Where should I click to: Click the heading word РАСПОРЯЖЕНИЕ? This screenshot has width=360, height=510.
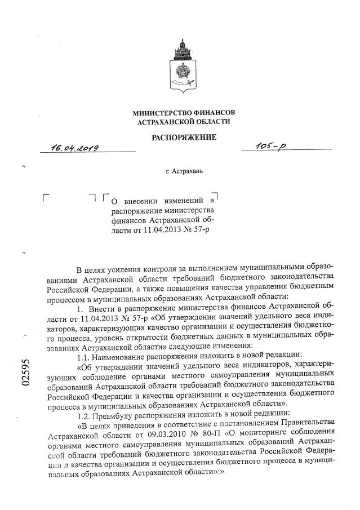(184, 136)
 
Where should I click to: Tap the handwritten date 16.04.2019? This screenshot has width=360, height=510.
(74, 148)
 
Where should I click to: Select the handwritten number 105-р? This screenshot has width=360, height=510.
(271, 147)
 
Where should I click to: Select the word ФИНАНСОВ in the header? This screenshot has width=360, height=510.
(211, 113)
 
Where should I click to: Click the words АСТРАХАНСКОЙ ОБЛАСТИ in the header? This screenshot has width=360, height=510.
(184, 122)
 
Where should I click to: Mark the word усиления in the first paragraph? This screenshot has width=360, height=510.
(132, 265)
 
